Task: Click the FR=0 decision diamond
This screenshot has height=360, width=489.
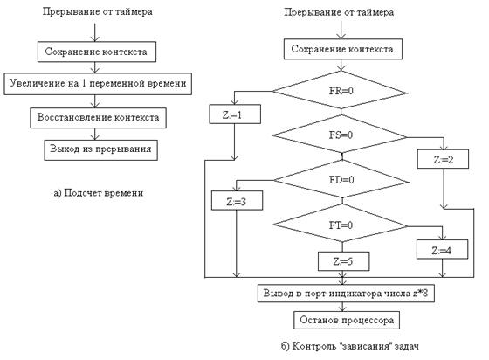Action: tap(340, 91)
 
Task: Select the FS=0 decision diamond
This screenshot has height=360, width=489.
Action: tap(340, 135)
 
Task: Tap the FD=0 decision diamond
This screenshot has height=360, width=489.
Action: tap(341, 180)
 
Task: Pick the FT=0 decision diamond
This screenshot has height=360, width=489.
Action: tap(341, 225)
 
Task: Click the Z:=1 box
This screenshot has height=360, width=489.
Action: tap(235, 114)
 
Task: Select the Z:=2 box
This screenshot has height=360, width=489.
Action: tap(443, 159)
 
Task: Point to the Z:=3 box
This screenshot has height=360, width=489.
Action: tap(237, 200)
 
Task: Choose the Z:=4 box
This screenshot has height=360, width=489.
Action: tap(442, 249)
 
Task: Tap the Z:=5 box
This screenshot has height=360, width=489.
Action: tap(344, 261)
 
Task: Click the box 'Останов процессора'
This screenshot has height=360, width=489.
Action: tap(347, 320)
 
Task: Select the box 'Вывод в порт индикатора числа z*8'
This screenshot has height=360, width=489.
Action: tap(346, 293)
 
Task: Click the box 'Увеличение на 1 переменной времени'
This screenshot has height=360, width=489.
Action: tap(98, 84)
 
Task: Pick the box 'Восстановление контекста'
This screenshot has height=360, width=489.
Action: tap(98, 118)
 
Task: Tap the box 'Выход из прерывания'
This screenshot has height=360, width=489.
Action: tap(100, 150)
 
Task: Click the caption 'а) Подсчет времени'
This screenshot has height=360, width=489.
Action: tap(99, 193)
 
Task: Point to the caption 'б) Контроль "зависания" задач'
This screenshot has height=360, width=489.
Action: tap(350, 346)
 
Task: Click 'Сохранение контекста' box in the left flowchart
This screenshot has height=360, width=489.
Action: tap(97, 52)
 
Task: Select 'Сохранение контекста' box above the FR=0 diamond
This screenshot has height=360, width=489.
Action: tap(342, 49)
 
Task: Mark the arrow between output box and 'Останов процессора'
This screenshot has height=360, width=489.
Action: tap(342, 307)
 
